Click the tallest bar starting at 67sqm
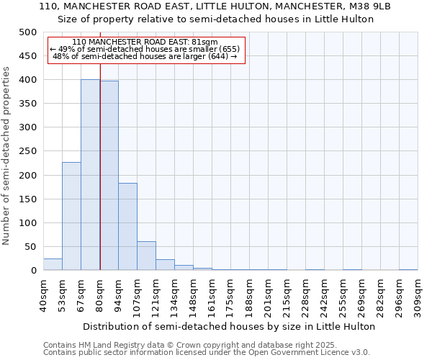pyautogui.click(x=90, y=175)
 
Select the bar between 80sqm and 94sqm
pyautogui.click(x=109, y=176)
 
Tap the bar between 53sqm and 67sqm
pyautogui.click(x=71, y=216)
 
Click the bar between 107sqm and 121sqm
pyautogui.click(x=146, y=256)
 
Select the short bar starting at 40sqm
pyautogui.click(x=53, y=264)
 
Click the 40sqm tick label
pyautogui.click(x=44, y=295)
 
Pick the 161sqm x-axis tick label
pyautogui.click(x=212, y=295)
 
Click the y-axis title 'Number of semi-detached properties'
pyautogui.click(x=6, y=156)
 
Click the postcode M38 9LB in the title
pyautogui.click(x=372, y=6)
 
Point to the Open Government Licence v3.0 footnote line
pyautogui.click(x=206, y=352)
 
